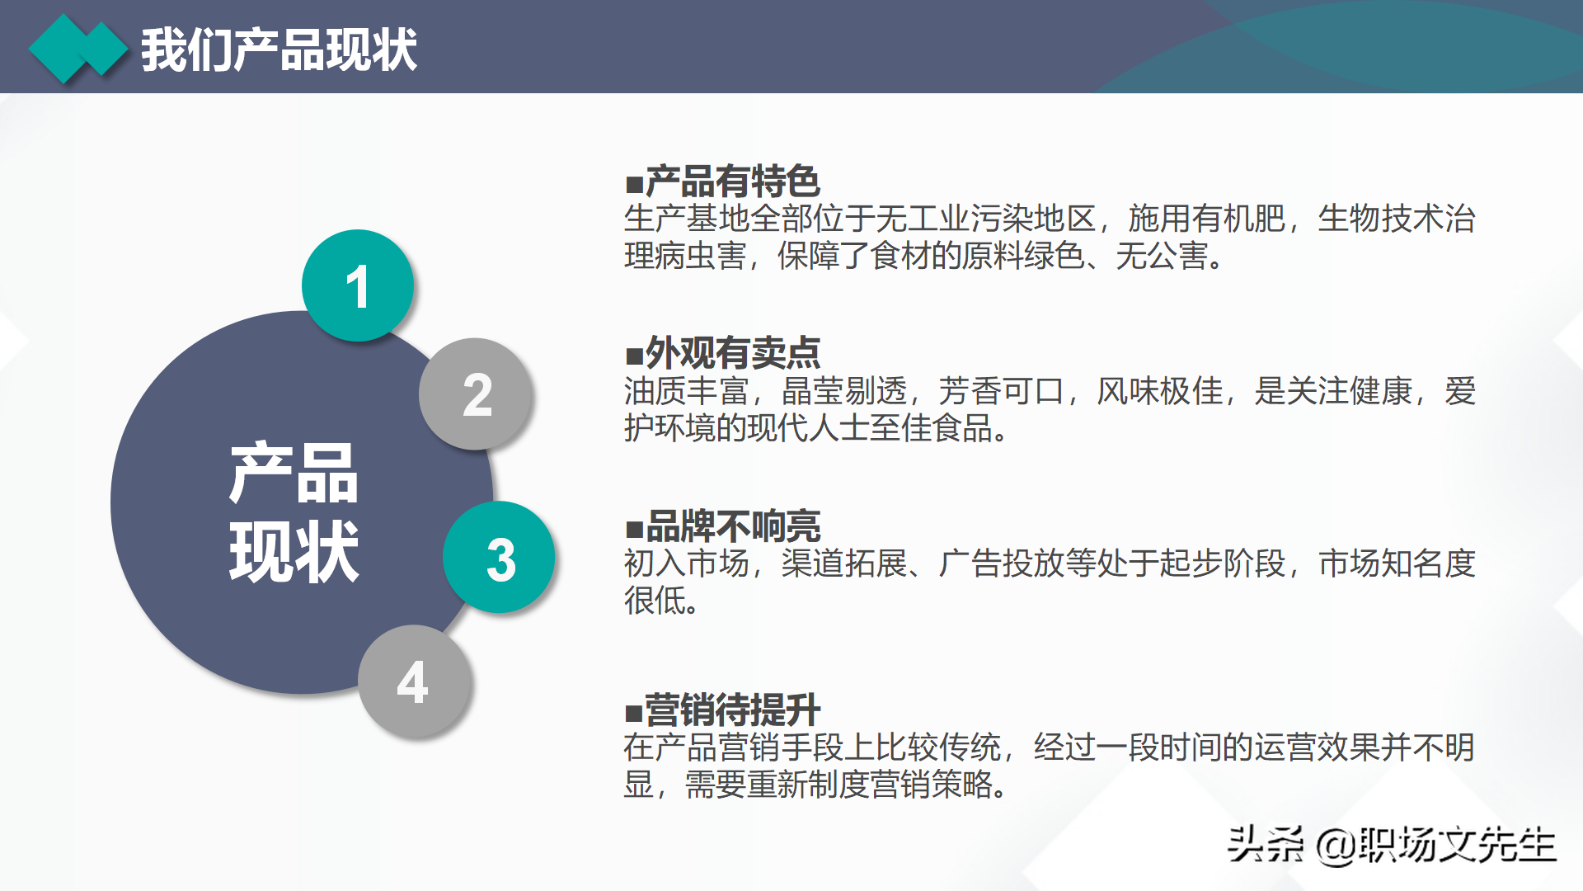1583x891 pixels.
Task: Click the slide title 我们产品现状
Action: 279,49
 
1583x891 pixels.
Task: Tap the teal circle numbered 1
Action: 358,285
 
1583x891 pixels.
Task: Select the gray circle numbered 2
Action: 476,394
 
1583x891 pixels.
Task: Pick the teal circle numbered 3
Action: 500,558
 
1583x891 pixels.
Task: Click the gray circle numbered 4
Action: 414,681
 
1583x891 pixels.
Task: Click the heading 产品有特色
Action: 732,181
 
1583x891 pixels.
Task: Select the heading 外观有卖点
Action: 732,353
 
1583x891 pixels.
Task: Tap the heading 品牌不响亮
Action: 732,526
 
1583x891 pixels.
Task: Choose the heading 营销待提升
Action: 732,709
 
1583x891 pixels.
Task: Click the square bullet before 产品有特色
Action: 634,183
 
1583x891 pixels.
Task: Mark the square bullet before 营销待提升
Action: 634,712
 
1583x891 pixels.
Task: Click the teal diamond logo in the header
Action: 78,49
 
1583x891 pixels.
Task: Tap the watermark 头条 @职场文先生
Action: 1391,845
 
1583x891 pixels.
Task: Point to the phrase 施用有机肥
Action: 1206,219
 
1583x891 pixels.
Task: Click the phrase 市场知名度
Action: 1397,563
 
